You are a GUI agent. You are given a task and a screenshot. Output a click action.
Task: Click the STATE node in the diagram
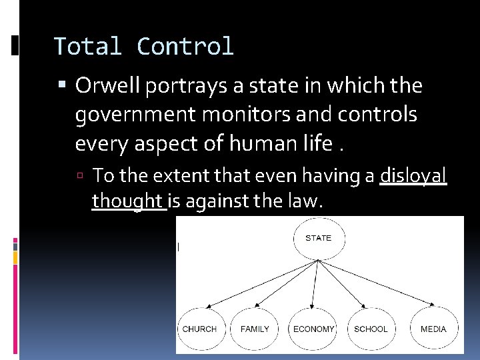318,239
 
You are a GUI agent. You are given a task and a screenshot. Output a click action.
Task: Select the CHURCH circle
199,329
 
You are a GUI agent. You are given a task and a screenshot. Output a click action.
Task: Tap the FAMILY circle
255,329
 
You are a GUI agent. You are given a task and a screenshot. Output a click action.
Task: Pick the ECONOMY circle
313,329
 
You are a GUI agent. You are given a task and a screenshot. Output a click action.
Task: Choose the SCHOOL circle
371,329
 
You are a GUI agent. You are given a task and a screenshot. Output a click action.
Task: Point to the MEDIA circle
433,329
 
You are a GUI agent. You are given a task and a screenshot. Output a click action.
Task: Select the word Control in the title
185,47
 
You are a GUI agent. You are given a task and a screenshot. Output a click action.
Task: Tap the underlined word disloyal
413,175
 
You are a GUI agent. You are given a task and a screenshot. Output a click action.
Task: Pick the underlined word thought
127,200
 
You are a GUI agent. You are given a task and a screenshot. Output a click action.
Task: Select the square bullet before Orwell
63,86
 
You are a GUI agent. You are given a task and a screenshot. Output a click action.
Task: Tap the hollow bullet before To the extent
81,176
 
